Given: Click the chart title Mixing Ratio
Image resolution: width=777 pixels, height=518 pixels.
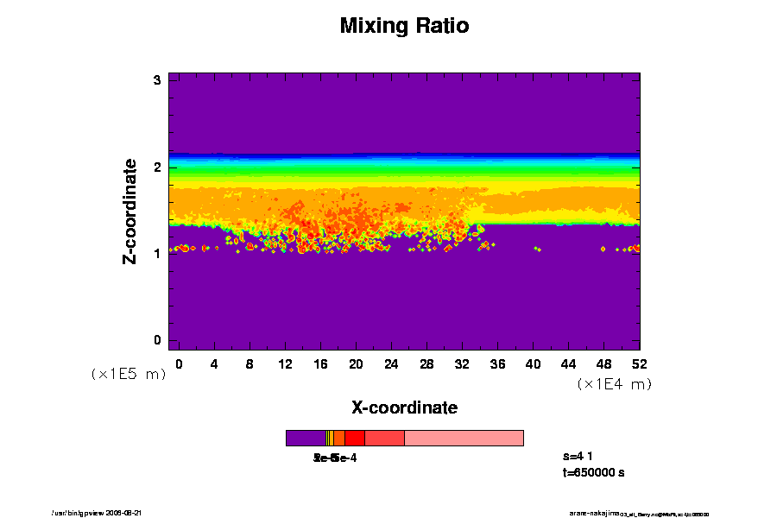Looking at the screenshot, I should click(404, 26).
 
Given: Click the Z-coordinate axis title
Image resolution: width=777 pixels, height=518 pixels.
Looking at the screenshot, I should click(130, 211).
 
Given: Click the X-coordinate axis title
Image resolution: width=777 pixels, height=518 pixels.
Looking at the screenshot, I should click(404, 407).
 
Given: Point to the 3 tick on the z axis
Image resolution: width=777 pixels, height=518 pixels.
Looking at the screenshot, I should click(158, 80).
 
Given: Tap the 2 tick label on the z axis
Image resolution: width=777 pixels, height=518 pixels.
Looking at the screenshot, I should click(158, 167).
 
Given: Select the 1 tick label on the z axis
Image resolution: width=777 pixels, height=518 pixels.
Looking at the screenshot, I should click(158, 253).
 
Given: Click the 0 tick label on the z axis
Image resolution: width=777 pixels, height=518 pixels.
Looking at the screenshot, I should click(158, 339).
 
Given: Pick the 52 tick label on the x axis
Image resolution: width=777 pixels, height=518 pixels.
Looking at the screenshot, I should click(640, 363).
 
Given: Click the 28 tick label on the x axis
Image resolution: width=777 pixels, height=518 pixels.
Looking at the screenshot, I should click(426, 363).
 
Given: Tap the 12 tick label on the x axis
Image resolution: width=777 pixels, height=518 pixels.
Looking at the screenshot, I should click(285, 363).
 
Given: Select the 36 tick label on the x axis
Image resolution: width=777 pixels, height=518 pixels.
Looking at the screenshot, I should click(497, 363).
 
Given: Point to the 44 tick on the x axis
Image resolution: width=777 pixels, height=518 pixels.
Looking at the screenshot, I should click(568, 363).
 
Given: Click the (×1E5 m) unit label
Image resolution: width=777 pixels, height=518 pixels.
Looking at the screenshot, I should click(128, 374).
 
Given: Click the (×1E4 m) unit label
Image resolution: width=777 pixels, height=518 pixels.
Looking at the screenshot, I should click(614, 384).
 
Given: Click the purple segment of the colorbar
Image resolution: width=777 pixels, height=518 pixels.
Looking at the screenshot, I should click(306, 439).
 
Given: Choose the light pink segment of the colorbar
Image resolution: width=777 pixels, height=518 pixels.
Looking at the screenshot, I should click(464, 439).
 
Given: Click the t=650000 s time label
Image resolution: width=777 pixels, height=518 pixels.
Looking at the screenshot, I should click(593, 473).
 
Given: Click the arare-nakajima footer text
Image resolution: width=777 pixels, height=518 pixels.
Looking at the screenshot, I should click(594, 513).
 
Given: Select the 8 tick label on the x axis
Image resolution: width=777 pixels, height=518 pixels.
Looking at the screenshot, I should click(250, 363).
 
